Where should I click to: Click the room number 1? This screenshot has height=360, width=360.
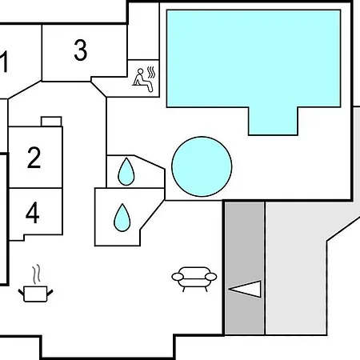[x=4, y=62]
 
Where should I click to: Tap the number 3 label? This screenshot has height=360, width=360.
[x=80, y=50]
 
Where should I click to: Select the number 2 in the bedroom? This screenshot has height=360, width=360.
[x=34, y=158]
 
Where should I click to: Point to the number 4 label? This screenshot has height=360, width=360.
[x=33, y=213]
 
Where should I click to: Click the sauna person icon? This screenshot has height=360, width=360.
[x=142, y=81]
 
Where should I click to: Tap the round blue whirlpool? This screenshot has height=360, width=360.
[x=202, y=166]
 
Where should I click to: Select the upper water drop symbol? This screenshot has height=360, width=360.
[x=126, y=172]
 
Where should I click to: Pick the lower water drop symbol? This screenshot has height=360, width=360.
[x=122, y=218]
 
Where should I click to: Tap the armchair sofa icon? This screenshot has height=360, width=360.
[x=194, y=279]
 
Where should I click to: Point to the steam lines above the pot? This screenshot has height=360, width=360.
[x=37, y=274]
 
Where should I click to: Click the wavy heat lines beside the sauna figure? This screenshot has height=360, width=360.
[x=151, y=73]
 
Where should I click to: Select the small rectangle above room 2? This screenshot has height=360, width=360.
[x=51, y=122]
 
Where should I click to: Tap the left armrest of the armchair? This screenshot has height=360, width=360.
[x=178, y=277]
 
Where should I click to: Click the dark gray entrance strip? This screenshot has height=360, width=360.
[x=245, y=268]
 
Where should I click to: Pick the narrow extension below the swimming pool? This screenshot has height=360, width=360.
[x=273, y=121]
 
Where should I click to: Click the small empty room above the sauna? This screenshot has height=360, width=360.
[x=143, y=31]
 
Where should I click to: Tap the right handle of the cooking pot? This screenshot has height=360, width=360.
[x=50, y=293]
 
